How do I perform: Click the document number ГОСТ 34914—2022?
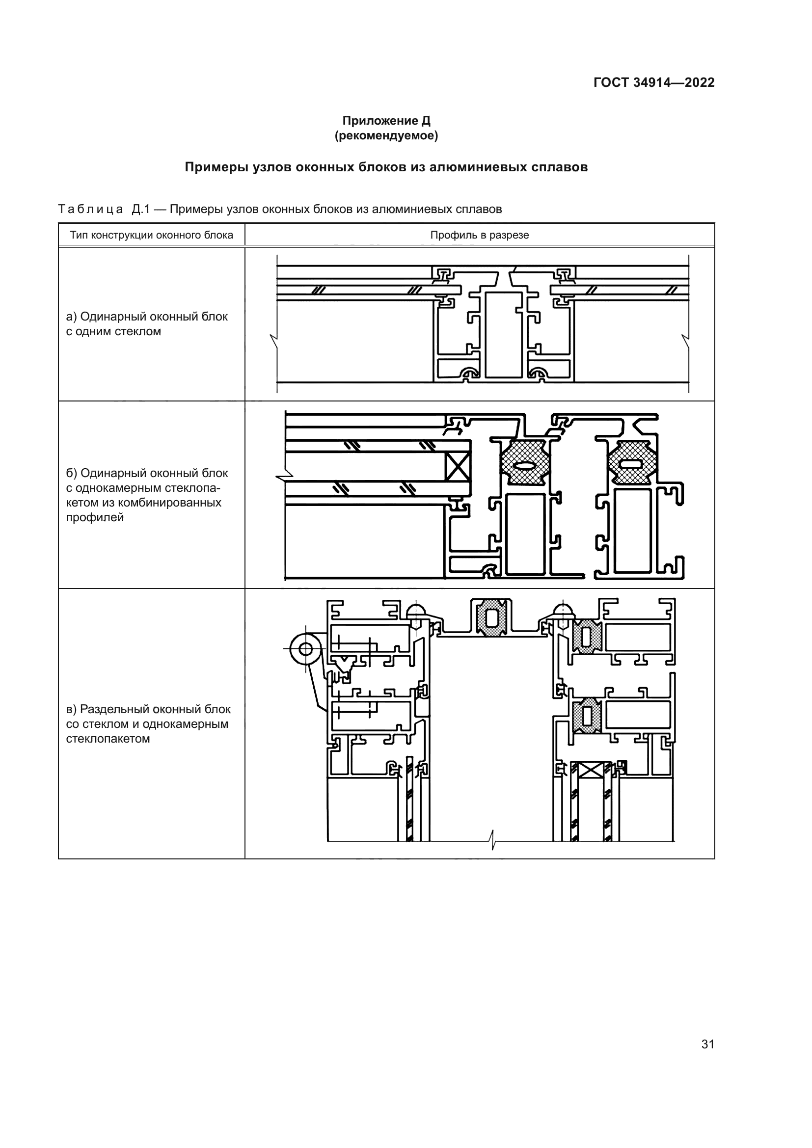(x=653, y=82)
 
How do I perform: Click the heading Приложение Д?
(x=386, y=121)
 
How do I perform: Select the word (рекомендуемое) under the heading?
(x=386, y=135)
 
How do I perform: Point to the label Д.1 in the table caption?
(x=141, y=209)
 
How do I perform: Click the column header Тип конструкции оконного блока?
(x=151, y=235)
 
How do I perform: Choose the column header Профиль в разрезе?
(x=479, y=235)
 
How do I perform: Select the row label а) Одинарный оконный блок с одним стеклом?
(x=147, y=323)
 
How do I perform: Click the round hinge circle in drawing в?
(x=305, y=649)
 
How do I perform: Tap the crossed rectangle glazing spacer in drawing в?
(x=591, y=771)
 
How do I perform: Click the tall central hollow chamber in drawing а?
(x=503, y=335)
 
